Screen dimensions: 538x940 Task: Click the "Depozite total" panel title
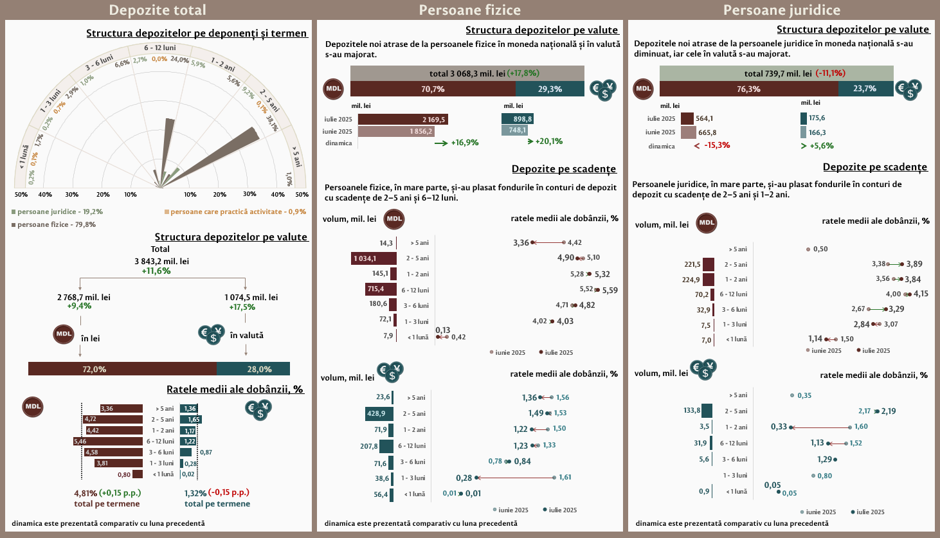click(x=158, y=10)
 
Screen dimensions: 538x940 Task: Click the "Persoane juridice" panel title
click(x=781, y=10)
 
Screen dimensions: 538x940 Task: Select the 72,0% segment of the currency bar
click(x=122, y=369)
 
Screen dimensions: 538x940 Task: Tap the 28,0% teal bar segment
click(x=253, y=369)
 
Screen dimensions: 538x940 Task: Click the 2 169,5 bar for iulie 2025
click(x=402, y=119)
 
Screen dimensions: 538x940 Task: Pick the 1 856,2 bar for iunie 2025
click(x=396, y=131)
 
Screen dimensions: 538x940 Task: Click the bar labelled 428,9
click(x=379, y=413)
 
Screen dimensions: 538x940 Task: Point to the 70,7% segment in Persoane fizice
click(x=433, y=89)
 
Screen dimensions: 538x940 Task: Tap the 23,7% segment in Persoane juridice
click(x=865, y=89)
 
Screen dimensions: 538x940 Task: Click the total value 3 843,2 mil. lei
click(x=161, y=262)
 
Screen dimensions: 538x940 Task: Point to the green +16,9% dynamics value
click(x=464, y=143)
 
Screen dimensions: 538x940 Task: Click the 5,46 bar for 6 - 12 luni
click(x=108, y=442)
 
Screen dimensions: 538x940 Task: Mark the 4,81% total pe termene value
click(x=86, y=493)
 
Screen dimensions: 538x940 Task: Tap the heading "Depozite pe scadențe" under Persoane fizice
click(x=564, y=169)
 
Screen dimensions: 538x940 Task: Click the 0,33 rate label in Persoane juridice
click(x=779, y=427)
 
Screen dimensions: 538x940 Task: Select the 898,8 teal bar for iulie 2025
click(x=518, y=119)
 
